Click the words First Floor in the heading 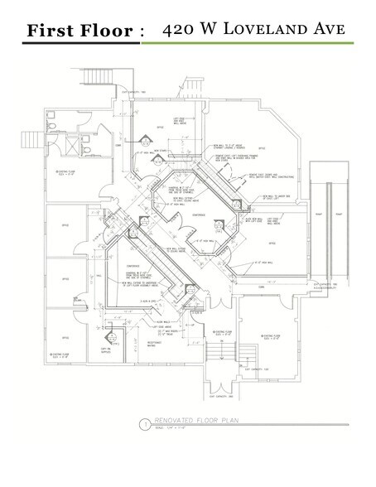79,31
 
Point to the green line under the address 249,43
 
